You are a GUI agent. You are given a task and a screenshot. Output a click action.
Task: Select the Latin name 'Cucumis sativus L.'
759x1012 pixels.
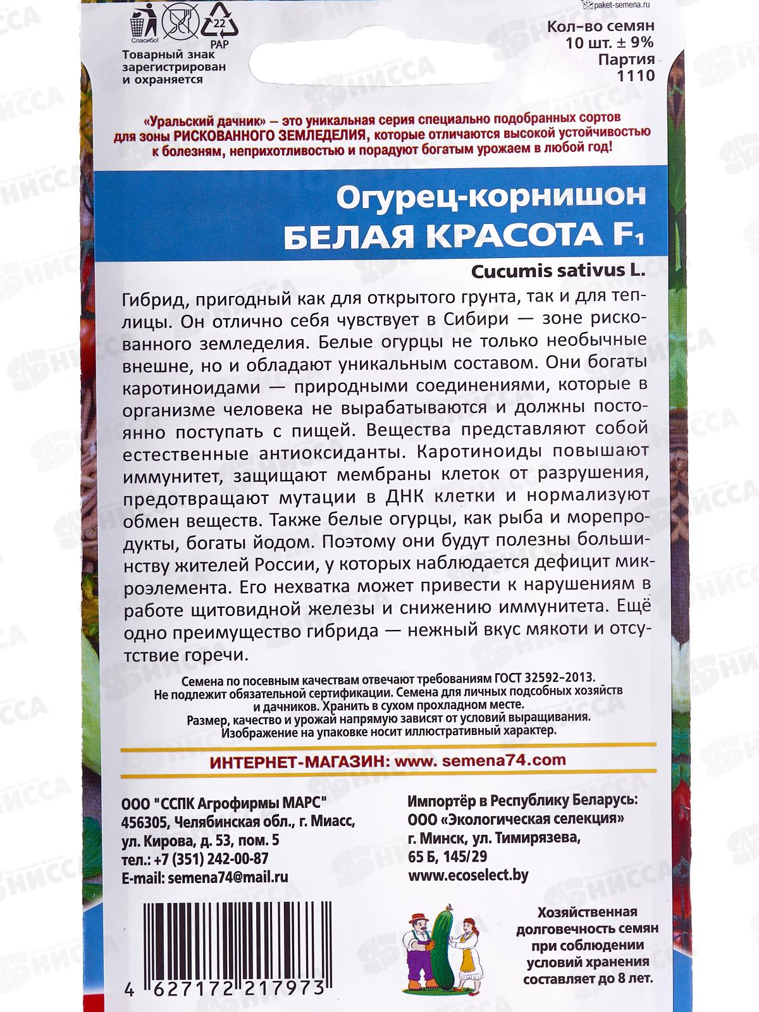[557, 269]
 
